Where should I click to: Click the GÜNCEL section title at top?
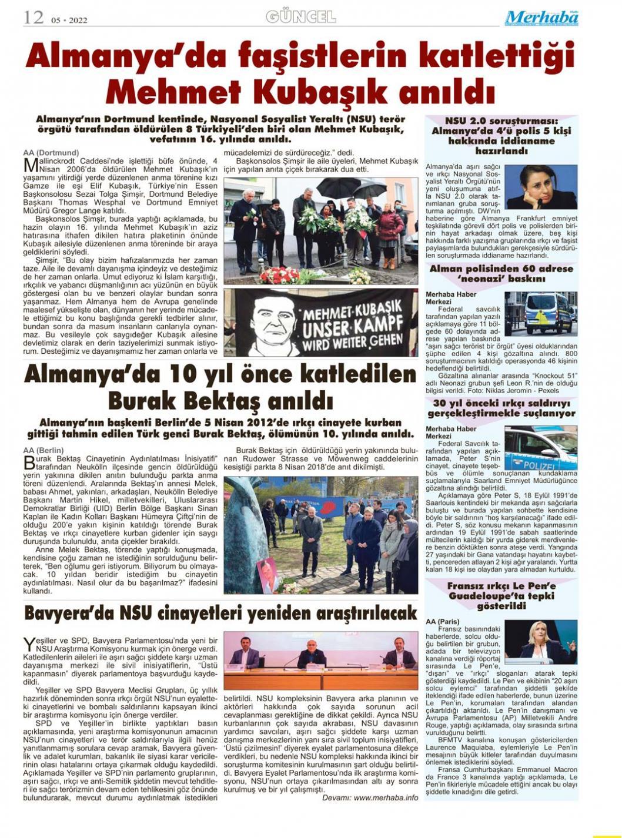tap(301, 16)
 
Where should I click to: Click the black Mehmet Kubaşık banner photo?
tap(320, 323)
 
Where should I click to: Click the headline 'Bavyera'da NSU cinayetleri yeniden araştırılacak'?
tap(220, 613)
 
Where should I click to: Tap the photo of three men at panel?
tap(320, 661)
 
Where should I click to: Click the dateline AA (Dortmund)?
tap(51, 153)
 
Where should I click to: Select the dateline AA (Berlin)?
tap(44, 450)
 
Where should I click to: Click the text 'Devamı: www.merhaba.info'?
tap(370, 797)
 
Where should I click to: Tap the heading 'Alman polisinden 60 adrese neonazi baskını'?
tap(501, 274)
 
